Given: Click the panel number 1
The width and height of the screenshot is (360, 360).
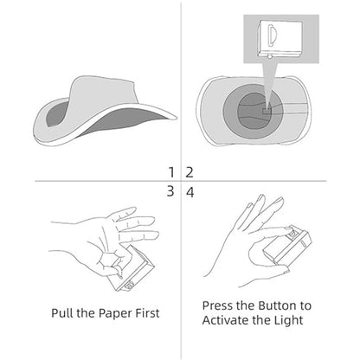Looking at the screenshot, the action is click(171, 172).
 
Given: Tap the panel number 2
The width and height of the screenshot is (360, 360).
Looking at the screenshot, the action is click(190, 172).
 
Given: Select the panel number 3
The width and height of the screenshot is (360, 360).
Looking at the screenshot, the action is click(170, 191).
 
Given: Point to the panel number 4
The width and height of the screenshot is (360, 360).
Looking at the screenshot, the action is click(190, 192).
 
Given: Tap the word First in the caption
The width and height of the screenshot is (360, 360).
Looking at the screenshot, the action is click(147, 313).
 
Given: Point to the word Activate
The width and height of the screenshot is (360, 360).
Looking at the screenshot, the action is click(225, 320).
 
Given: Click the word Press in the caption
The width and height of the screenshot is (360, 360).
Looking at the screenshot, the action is click(217, 305).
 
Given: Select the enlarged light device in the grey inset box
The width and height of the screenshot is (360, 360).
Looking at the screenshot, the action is click(280, 38).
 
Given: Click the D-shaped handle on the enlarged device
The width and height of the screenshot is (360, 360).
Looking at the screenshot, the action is click(273, 35).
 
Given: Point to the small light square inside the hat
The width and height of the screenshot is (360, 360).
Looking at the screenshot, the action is click(267, 111).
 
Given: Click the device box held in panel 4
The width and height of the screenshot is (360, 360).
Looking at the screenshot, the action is click(287, 245).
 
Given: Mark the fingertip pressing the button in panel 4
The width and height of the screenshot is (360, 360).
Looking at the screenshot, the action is click(288, 230).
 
